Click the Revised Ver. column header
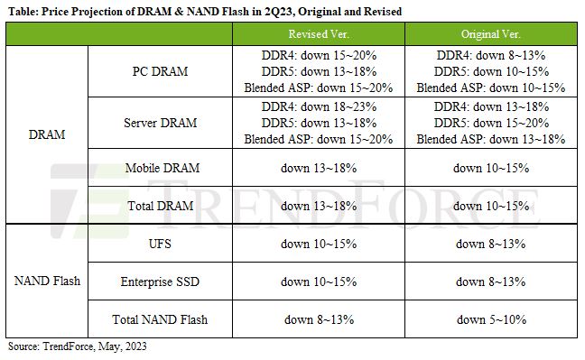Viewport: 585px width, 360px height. [319, 34]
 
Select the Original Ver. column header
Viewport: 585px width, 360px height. [490, 34]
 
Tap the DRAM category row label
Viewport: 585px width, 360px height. [47, 134]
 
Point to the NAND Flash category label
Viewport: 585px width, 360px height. [47, 281]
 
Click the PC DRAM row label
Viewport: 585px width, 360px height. [160, 71]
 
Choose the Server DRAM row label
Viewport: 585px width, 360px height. [160, 123]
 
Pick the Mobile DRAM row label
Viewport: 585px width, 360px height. [162, 168]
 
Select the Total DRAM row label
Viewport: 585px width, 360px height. [161, 206]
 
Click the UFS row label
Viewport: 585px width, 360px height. [160, 244]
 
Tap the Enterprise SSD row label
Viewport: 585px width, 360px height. [160, 282]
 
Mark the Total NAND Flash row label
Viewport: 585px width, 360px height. [160, 319]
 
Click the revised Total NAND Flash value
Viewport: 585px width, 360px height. [319, 319]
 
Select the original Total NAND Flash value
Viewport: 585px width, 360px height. [491, 319]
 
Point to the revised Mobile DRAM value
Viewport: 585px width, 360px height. [319, 168]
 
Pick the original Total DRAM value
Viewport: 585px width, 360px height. [491, 206]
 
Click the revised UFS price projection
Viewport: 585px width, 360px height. [319, 244]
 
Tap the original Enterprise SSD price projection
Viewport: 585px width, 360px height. [490, 282]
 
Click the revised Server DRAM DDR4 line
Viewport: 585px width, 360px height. [319, 106]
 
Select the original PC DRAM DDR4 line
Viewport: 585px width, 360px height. [491, 55]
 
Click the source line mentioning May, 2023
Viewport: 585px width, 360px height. [78, 346]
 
